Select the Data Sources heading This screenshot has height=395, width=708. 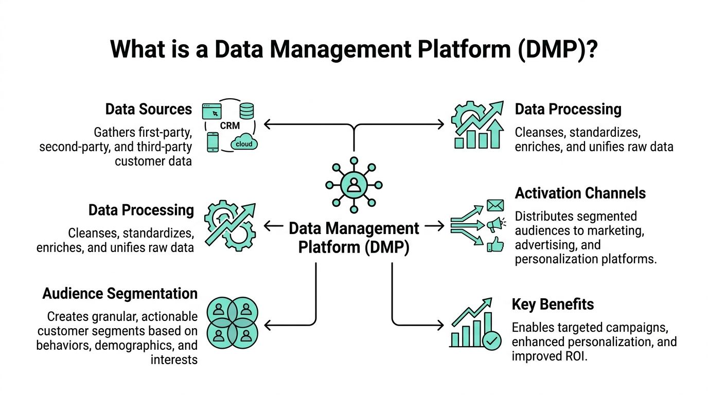(x=148, y=109)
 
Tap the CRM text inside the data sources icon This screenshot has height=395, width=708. (x=229, y=125)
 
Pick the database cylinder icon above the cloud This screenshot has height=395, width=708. (x=246, y=110)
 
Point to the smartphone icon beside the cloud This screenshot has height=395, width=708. (x=213, y=142)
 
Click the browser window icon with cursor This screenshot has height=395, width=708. (x=211, y=110)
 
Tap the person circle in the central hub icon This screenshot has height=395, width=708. (x=354, y=185)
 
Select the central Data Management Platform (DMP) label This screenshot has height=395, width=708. (x=354, y=238)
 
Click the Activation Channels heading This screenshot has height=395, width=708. (x=580, y=193)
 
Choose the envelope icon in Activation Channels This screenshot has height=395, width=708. (x=494, y=206)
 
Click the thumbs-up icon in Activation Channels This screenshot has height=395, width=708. (x=495, y=244)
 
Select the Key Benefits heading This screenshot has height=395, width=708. (x=553, y=304)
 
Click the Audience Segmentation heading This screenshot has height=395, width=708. (x=120, y=294)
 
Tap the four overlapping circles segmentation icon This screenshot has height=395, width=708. (x=232, y=323)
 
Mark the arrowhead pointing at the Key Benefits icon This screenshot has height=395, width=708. (x=440, y=325)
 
